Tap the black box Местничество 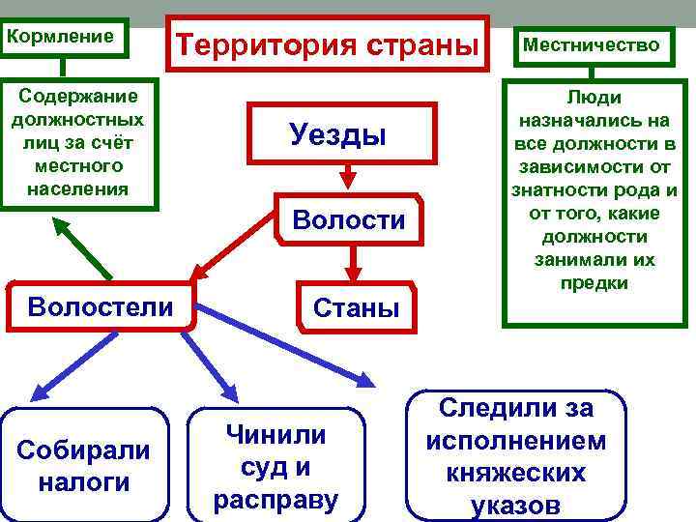coord(591,44)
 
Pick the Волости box coord(349,220)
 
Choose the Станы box coord(356,308)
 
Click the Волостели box coord(100,306)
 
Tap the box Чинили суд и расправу coord(275,465)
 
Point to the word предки coord(594,283)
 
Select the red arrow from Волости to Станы coord(354,261)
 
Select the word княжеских coord(516,474)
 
